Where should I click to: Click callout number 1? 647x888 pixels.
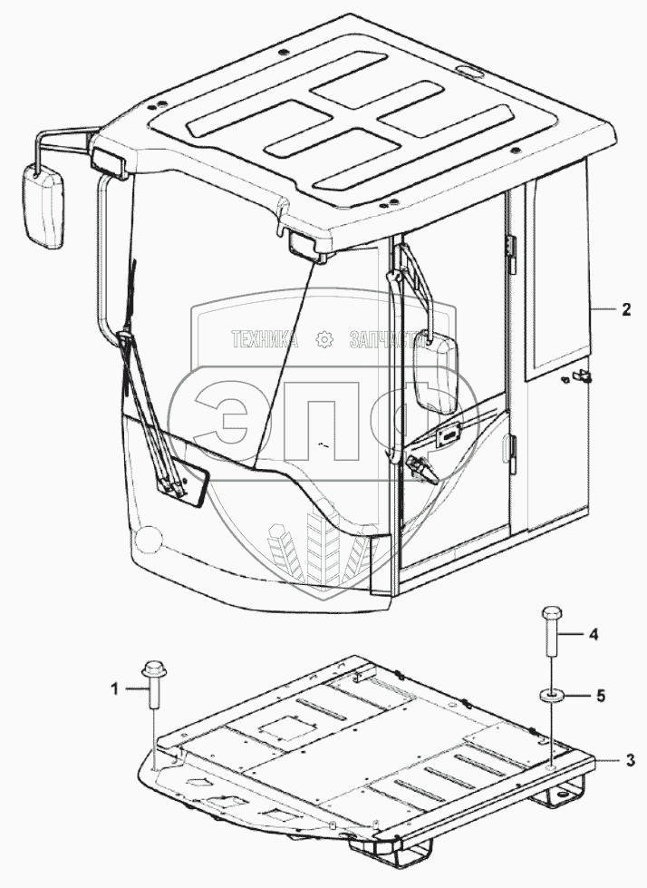tap(115, 689)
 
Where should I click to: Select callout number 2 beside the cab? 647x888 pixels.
tap(625, 309)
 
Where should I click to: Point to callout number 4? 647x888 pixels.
tap(594, 635)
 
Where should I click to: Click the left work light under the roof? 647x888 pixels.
tap(108, 162)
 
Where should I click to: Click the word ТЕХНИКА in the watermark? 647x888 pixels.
tap(265, 340)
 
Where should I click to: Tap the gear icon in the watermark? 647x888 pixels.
tap(323, 340)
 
